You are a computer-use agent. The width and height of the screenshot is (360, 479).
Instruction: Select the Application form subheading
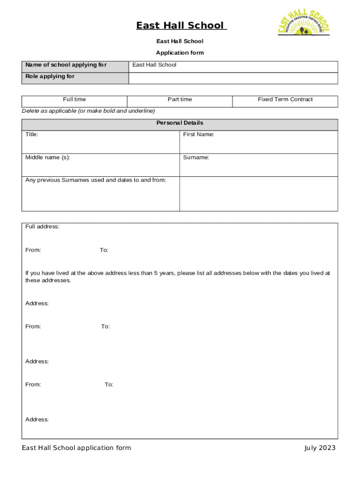pyautogui.click(x=180, y=53)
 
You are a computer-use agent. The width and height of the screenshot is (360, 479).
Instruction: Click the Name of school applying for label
pyautogui.click(x=66, y=65)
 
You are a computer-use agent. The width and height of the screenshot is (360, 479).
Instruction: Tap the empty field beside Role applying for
pyautogui.click(x=233, y=78)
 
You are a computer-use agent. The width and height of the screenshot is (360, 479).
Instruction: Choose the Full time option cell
pyautogui.click(x=74, y=100)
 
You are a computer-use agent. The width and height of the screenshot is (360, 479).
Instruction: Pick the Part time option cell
pyautogui.click(x=180, y=100)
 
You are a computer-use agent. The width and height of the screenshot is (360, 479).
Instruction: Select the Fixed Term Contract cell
pyautogui.click(x=285, y=100)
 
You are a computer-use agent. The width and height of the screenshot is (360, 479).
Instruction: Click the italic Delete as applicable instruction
pyautogui.click(x=88, y=111)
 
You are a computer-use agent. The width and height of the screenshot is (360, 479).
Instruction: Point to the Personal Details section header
pyautogui.click(x=180, y=123)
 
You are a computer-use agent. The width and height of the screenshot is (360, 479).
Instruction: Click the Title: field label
pyautogui.click(x=32, y=135)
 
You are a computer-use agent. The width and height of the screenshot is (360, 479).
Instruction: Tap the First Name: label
pyautogui.click(x=198, y=135)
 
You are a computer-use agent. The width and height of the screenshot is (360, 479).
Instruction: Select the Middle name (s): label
pyautogui.click(x=48, y=158)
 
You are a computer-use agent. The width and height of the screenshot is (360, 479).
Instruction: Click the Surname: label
pyautogui.click(x=196, y=158)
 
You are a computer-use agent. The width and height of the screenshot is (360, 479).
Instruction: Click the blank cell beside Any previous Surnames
pyautogui.click(x=258, y=194)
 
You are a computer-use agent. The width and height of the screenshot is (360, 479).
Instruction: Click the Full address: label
pyautogui.click(x=42, y=226)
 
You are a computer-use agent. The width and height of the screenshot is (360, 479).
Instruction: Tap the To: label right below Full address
pyautogui.click(x=104, y=250)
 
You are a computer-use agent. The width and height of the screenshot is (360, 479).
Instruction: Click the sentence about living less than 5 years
pyautogui.click(x=177, y=276)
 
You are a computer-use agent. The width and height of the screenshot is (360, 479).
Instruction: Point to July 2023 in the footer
pyautogui.click(x=320, y=448)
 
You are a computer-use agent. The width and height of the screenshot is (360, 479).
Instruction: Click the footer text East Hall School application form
pyautogui.click(x=76, y=448)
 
